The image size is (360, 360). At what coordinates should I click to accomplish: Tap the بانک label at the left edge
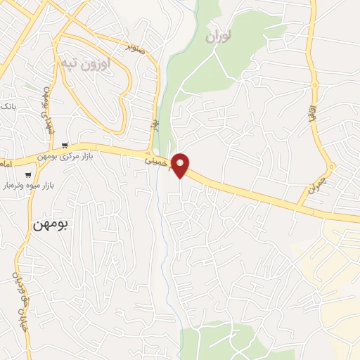coord(6,105)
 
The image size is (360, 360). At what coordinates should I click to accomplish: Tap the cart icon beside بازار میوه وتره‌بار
coord(28,174)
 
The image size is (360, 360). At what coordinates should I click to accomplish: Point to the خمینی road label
coord(156,161)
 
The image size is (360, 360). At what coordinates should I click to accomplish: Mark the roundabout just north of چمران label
coord(332,167)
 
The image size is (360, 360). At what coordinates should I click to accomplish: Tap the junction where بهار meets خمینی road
coord(150,153)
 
